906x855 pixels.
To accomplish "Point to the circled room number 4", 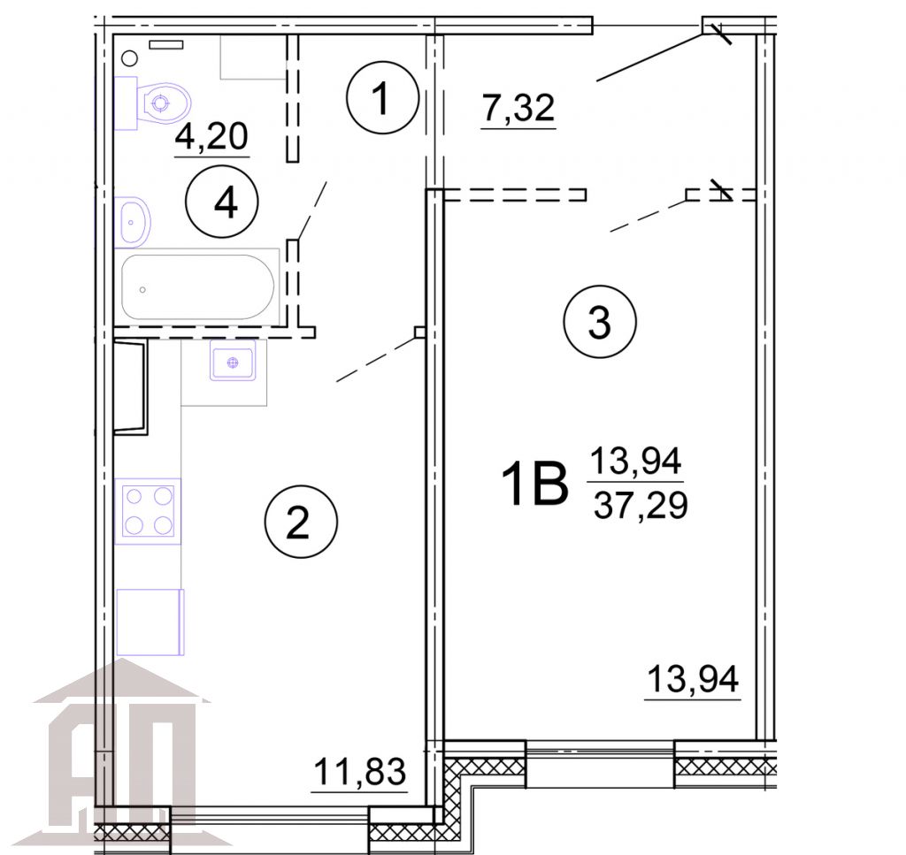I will [x=221, y=203].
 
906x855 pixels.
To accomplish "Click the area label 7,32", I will [x=518, y=109].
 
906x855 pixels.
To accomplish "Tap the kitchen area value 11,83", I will [x=359, y=772].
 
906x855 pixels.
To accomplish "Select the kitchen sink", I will [x=233, y=363].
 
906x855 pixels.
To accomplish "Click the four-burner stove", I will [x=147, y=511].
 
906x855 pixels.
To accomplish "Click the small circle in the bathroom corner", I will [x=129, y=58].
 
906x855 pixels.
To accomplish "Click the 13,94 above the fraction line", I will [x=636, y=461].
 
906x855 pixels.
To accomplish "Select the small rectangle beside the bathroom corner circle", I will [x=165, y=44].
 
